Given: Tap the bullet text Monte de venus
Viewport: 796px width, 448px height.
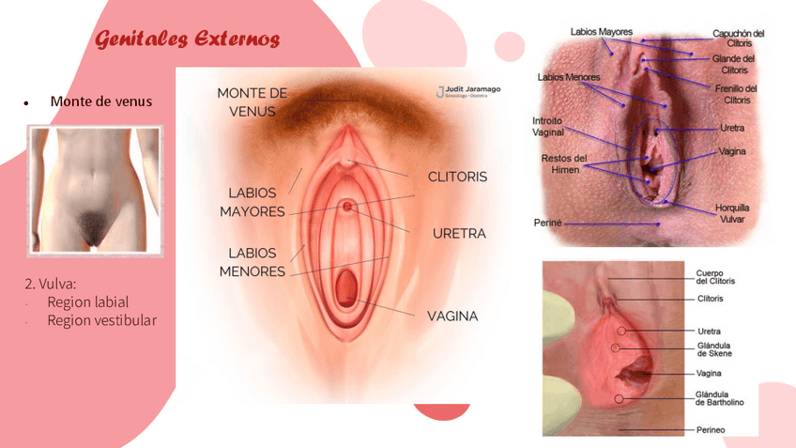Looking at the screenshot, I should [100, 101].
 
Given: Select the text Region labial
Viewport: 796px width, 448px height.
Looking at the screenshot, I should [87, 301].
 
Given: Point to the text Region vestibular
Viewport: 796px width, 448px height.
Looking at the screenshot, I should [101, 320].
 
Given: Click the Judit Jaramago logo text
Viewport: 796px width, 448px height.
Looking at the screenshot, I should [474, 89].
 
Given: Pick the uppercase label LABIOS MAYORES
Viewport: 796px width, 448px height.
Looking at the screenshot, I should [252, 202].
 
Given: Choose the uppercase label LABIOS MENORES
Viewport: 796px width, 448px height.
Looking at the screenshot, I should [252, 262].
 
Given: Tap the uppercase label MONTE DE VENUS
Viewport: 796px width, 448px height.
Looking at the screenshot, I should [252, 101].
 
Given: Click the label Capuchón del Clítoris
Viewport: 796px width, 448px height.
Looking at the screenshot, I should [738, 39].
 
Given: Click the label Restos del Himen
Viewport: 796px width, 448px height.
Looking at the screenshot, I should [564, 163].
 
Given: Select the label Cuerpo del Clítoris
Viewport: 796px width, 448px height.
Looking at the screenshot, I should [715, 276].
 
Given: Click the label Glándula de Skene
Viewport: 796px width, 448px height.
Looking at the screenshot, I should [714, 349].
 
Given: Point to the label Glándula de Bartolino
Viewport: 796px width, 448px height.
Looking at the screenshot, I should [719, 398].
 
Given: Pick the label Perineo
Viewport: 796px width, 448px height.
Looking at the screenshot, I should [711, 430].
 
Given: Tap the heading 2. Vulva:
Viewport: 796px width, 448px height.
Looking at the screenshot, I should [51, 283].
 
